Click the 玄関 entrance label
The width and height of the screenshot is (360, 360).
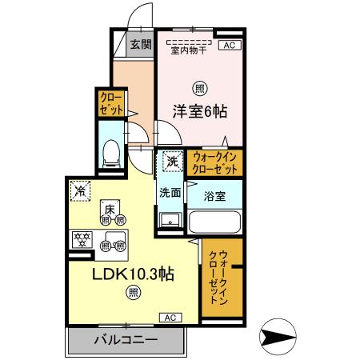pyautogui.click(x=141, y=45)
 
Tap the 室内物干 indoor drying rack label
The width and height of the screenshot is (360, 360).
pyautogui.click(x=189, y=50)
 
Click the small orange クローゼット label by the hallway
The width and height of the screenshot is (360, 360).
pyautogui.click(x=111, y=102)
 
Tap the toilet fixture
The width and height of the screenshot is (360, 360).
pyautogui.click(x=110, y=151)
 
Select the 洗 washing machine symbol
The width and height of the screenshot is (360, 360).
pyautogui.click(x=173, y=162)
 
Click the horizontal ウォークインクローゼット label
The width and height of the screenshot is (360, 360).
pyautogui.click(x=216, y=162)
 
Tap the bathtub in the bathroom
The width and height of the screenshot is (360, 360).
pyautogui.click(x=214, y=222)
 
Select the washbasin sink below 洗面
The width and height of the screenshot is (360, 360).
pyautogui.click(x=168, y=220)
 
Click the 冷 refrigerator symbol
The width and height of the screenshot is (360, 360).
pyautogui.click(x=80, y=190)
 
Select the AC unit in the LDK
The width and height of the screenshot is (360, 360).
pyautogui.click(x=170, y=317)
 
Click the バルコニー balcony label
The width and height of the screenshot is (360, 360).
pyautogui.click(x=126, y=340)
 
